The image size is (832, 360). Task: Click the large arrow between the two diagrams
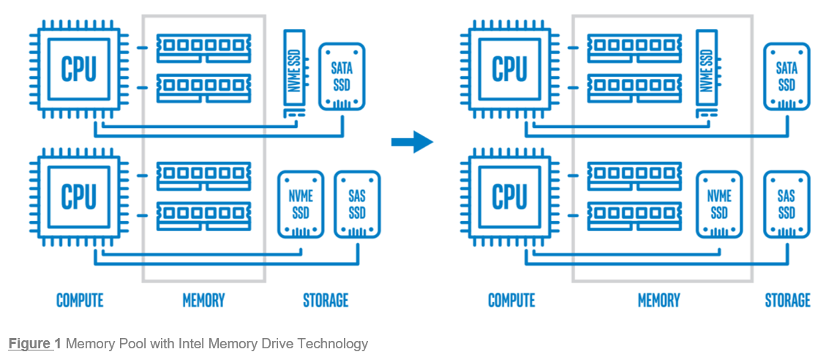click(412, 141)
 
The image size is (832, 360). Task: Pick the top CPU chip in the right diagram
click(509, 70)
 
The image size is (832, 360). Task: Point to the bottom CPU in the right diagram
click(509, 197)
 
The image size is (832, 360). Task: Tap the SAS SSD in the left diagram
click(357, 204)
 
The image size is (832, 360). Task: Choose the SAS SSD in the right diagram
click(787, 204)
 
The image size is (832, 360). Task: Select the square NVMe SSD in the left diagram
click(300, 204)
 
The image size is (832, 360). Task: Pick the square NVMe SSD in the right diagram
click(719, 204)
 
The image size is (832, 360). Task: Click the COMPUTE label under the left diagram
click(80, 300)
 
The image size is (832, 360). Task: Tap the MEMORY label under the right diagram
click(659, 300)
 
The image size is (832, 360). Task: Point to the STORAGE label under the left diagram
click(326, 300)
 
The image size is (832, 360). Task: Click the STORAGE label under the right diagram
click(787, 300)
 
